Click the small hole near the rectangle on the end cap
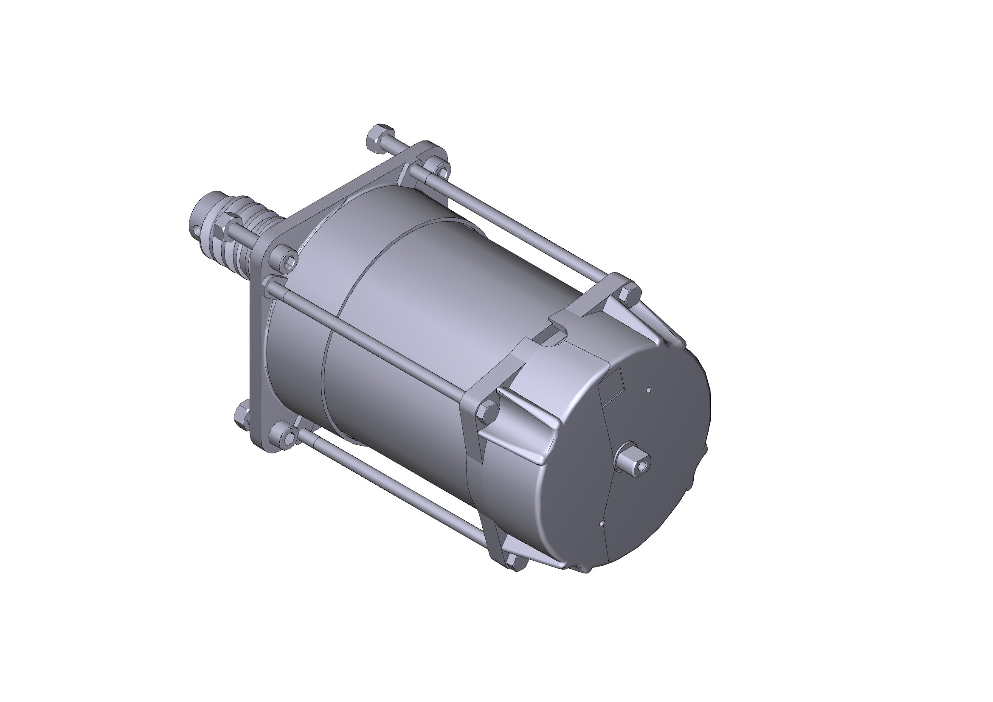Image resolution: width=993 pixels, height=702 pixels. coord(649,390)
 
